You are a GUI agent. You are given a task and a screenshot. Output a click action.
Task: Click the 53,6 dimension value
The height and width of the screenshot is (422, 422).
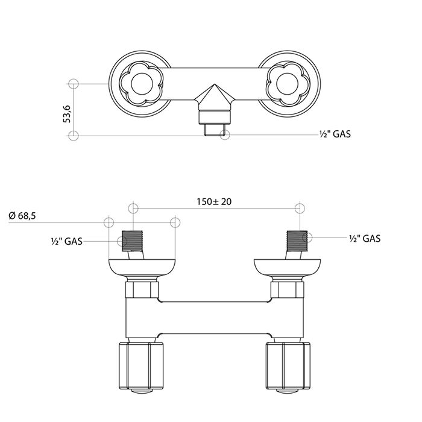click(x=67, y=114)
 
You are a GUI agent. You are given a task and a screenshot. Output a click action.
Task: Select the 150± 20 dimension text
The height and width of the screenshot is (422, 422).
click(x=214, y=201)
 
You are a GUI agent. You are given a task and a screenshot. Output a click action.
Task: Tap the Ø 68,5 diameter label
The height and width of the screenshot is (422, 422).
click(x=22, y=216)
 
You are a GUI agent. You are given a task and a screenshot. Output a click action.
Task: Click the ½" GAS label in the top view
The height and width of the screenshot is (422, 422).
click(x=335, y=134)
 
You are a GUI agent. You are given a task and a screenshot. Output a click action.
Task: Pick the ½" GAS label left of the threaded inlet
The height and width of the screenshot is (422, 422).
click(x=67, y=241)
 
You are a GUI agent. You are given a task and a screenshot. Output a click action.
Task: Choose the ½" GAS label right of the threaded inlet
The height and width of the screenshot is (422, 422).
click(x=365, y=239)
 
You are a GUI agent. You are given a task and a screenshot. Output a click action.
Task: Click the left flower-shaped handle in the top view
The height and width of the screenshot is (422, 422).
click(x=141, y=84)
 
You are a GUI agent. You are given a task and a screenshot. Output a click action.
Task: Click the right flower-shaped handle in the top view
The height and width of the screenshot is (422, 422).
click(x=288, y=84)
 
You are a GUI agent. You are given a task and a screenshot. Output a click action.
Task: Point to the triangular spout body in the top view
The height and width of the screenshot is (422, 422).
click(x=215, y=97)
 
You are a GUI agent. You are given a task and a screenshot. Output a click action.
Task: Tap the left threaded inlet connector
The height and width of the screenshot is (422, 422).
click(x=132, y=241)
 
